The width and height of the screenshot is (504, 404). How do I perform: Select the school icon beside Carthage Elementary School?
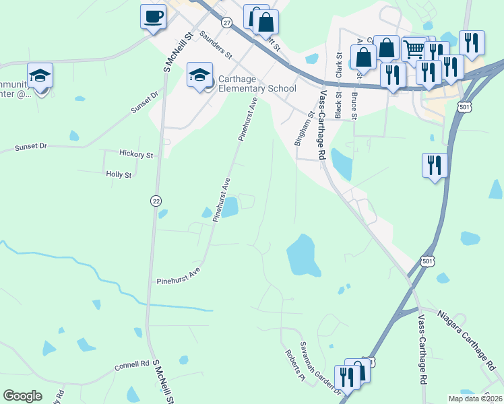[199, 75]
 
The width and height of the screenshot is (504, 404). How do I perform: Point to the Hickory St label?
[136, 154]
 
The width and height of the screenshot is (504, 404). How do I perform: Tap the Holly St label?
[119, 174]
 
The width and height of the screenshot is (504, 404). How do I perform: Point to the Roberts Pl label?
[293, 368]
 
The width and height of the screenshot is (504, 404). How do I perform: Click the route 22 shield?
[156, 201]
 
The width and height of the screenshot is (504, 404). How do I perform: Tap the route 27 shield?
[226, 23]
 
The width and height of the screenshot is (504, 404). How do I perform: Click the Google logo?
[22, 396]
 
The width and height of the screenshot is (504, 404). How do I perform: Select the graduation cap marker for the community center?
[40, 75]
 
